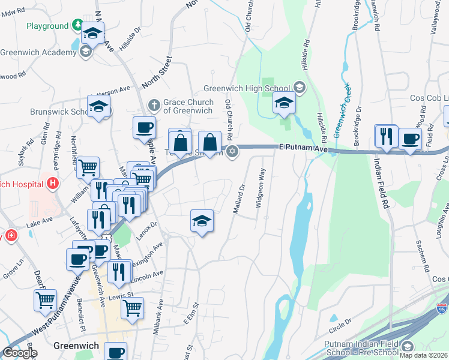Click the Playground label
tap(47, 26)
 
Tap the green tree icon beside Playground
tap(77, 26)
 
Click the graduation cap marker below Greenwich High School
tap(284, 104)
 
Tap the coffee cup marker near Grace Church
tap(145, 128)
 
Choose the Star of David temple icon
tap(232, 152)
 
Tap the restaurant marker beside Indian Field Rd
tap(385, 136)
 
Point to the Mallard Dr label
tap(238, 199)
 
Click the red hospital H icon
tap(54, 182)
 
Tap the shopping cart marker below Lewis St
tap(132, 308)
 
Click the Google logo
tap(20, 353)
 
